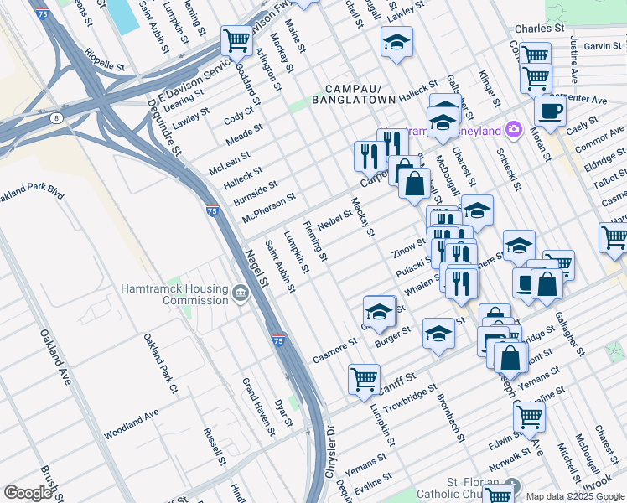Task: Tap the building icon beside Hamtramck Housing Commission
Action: [241, 293]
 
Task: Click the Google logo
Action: [28, 493]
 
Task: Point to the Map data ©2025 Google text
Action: [574, 496]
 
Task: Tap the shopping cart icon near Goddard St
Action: [236, 39]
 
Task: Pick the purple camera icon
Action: [513, 131]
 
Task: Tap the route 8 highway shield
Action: [55, 119]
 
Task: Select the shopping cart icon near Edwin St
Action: [528, 415]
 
